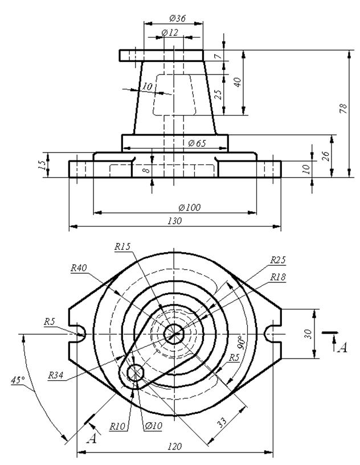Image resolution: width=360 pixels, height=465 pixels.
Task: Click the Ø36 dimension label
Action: (x=178, y=19)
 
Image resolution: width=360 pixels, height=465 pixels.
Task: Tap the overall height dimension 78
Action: (x=343, y=109)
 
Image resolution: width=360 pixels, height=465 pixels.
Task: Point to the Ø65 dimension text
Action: (x=197, y=143)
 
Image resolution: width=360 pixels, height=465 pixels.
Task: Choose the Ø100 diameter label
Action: (x=190, y=207)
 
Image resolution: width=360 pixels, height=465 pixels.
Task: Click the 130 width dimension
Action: (x=175, y=221)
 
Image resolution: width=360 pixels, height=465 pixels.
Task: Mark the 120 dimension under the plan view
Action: (x=174, y=446)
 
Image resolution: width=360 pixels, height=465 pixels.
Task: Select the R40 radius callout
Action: (x=79, y=268)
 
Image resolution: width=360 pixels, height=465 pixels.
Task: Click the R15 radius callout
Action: (x=122, y=246)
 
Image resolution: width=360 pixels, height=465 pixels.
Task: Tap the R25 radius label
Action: (x=278, y=260)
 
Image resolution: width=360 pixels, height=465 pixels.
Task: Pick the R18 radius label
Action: (x=278, y=277)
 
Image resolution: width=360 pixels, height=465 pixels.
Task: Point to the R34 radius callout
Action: (x=56, y=376)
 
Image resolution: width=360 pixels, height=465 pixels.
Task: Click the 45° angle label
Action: (x=18, y=380)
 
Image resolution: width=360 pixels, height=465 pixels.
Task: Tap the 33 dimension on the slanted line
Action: (x=222, y=422)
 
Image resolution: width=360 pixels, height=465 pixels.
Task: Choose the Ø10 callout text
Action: (x=154, y=426)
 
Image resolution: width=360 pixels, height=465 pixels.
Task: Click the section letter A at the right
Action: (x=343, y=347)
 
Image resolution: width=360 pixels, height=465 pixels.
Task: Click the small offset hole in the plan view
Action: (x=135, y=372)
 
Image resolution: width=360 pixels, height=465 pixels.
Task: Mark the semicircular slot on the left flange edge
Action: (x=80, y=334)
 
